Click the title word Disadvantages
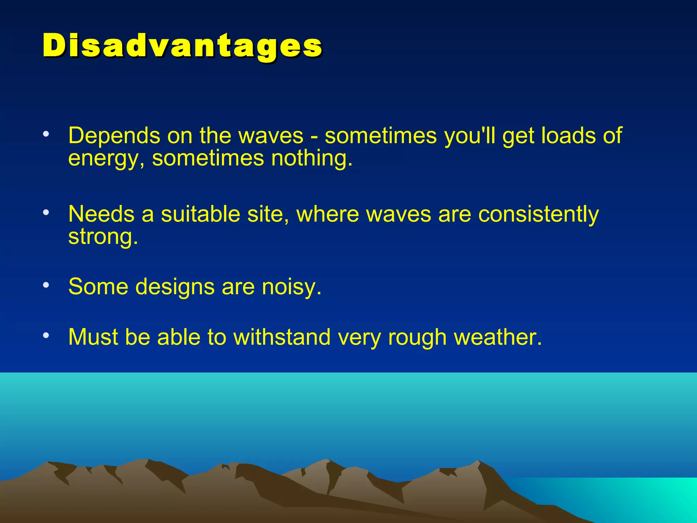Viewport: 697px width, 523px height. (182, 46)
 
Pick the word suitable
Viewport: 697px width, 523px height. (200, 214)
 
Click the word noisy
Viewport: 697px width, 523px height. (291, 287)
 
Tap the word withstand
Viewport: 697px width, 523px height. (282, 337)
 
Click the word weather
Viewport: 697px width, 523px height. (498, 337)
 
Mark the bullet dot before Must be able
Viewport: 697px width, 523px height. (46, 335)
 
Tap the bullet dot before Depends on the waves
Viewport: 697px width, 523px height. (46, 134)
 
